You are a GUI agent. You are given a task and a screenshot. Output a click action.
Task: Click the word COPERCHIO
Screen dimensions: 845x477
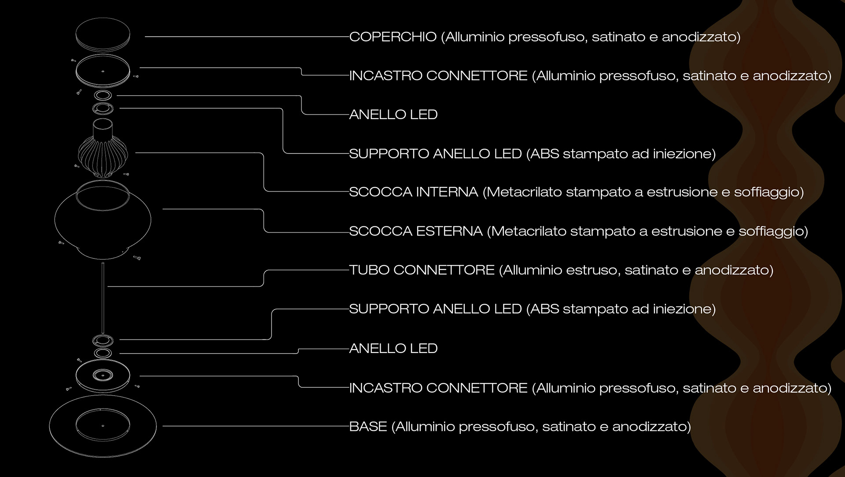point(393,37)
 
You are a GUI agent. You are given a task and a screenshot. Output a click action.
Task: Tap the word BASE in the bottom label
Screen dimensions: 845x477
point(368,427)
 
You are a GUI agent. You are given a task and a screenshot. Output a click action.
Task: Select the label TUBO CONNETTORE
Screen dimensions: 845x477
point(422,270)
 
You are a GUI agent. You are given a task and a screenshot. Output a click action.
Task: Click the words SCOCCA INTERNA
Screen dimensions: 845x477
point(413,192)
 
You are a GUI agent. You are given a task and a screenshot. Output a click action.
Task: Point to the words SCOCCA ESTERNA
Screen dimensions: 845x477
point(415,231)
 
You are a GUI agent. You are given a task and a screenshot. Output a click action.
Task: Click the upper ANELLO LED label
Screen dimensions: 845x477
point(393,115)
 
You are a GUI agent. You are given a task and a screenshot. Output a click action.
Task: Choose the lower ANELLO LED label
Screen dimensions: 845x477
point(393,349)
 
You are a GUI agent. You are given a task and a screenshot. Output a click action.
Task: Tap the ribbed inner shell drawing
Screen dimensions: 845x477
point(103,152)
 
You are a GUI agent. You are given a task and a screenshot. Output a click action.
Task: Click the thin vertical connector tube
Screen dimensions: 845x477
point(103,299)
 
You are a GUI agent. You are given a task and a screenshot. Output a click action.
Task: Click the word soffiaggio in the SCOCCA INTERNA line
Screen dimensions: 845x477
point(768,192)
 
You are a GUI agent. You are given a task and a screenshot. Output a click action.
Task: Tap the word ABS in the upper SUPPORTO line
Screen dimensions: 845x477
point(544,154)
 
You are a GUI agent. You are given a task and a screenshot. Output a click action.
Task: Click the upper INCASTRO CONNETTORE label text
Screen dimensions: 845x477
point(438,76)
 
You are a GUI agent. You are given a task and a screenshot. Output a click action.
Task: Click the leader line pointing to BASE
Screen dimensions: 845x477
point(255,426)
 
